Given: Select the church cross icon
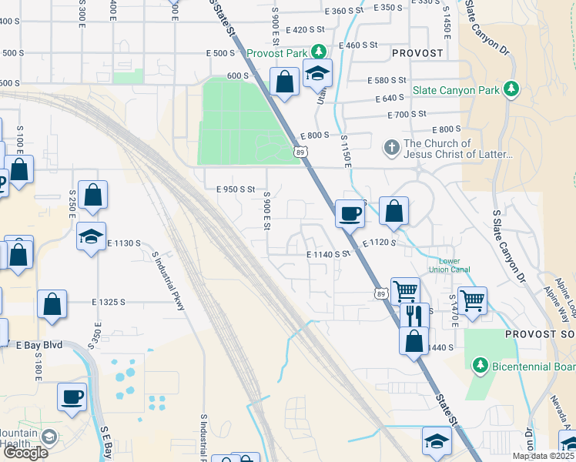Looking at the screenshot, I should pos(391,146).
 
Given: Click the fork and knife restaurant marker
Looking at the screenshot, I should pos(414,316).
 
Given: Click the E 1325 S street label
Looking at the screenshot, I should pos(119,303).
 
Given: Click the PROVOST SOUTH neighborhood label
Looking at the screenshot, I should pos(540,335).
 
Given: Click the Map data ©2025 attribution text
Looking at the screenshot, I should pos(543,456).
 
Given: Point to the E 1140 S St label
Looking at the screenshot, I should pos(328,253).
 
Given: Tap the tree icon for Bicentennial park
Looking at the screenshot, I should pos(481,363).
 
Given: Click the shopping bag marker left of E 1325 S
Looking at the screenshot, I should pos(52,303).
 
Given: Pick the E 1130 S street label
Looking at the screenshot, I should pos(124,243).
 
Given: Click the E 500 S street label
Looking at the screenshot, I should pos(219,53).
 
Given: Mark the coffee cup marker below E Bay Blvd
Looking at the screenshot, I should pos(72,397).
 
